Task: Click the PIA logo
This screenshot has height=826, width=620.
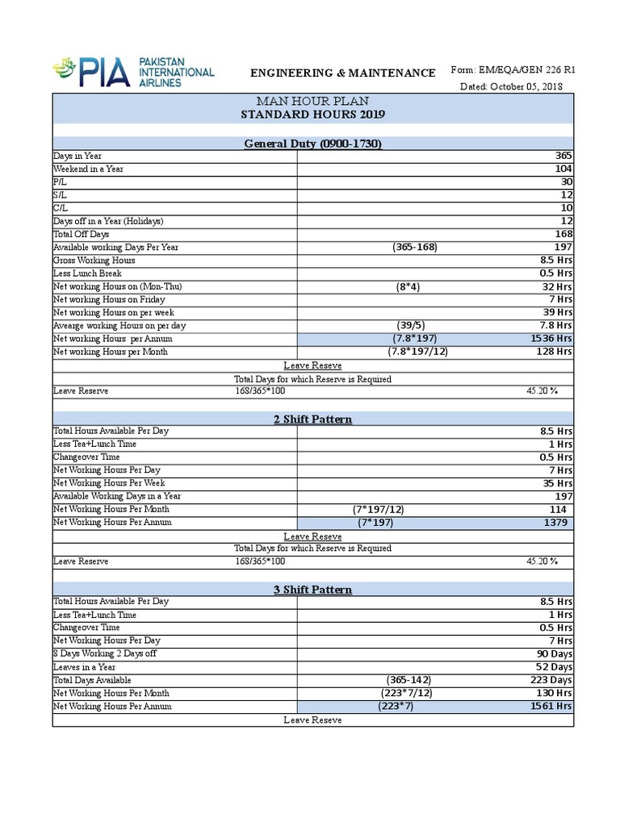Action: coord(133,71)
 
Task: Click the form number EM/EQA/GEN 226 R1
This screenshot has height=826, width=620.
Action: coord(536,71)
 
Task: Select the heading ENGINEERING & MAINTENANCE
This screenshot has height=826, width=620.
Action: coord(343,73)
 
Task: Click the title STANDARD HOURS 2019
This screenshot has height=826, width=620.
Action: coord(313,115)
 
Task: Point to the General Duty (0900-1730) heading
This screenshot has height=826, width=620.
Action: coord(313,144)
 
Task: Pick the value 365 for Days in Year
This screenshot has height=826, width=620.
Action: coord(563,156)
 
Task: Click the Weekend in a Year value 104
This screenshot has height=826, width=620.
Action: coord(563,169)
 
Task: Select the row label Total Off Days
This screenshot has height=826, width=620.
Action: coord(81,234)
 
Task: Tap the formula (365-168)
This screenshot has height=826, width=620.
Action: coord(415,247)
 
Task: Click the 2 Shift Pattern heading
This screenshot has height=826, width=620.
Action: coord(313,419)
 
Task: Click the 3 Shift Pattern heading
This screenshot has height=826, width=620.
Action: coord(313,590)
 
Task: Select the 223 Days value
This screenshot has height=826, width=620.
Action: coord(554,680)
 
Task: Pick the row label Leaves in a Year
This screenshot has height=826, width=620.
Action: coord(84,667)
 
